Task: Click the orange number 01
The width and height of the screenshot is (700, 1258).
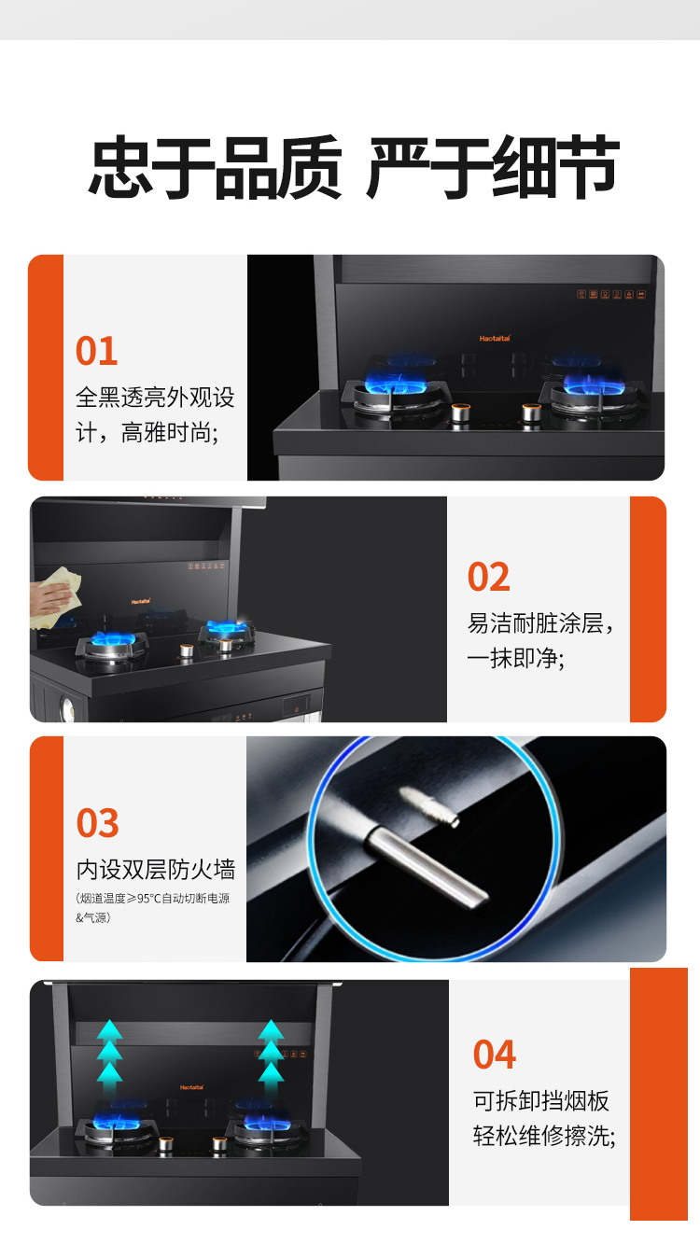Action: tap(97, 351)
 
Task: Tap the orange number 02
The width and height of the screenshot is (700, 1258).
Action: tap(489, 577)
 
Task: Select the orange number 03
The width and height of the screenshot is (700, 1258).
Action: tap(98, 823)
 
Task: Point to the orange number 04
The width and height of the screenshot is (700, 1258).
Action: tap(495, 1055)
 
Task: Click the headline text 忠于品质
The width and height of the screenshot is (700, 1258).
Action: tap(216, 167)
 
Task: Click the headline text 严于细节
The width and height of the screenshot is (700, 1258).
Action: tap(493, 167)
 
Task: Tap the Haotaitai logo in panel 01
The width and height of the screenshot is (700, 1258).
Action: tap(495, 338)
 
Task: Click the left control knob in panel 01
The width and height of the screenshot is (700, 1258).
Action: tap(461, 414)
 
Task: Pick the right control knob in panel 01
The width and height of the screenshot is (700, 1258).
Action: tap(531, 414)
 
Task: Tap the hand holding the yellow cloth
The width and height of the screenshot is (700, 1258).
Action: tap(49, 599)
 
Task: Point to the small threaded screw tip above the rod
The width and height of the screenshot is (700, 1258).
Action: tap(429, 806)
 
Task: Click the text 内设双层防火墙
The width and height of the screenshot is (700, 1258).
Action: tap(156, 870)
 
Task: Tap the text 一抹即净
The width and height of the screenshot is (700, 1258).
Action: tap(515, 658)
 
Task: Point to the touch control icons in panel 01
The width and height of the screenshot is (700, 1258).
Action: tap(611, 294)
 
